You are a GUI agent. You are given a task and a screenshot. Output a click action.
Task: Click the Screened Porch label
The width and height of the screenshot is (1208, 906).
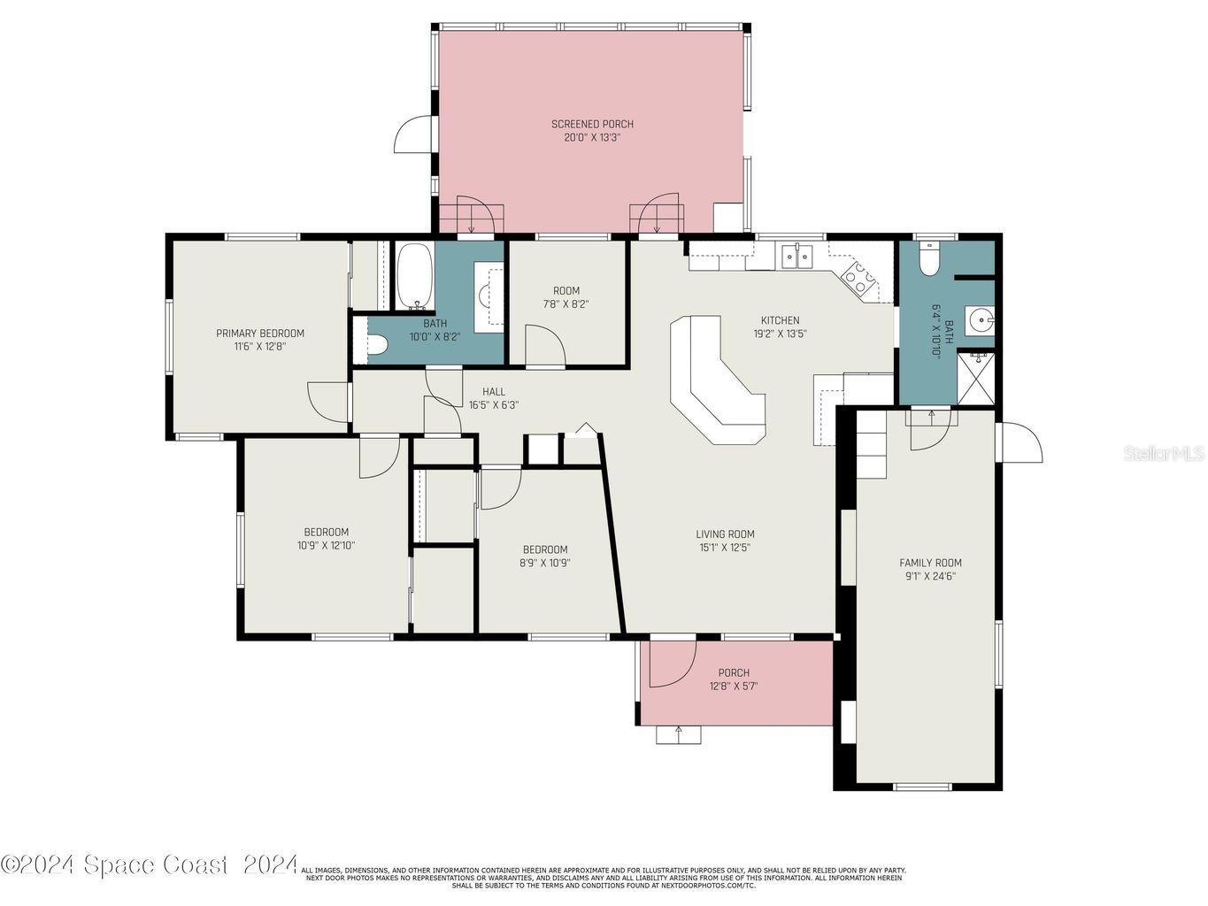[x=592, y=125]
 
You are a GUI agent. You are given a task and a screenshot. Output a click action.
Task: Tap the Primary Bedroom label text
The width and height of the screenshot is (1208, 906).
[x=260, y=334]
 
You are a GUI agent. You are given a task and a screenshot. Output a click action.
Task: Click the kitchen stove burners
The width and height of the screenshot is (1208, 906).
[x=858, y=278]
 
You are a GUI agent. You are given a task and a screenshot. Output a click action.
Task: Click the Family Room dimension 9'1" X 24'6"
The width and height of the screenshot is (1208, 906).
[x=930, y=575]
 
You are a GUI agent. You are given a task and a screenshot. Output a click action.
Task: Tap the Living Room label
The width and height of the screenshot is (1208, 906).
[x=725, y=534]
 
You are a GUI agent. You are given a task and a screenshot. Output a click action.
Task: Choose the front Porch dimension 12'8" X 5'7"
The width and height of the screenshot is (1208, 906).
[x=734, y=686]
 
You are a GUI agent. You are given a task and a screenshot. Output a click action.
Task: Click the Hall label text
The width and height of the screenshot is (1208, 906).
[x=494, y=392]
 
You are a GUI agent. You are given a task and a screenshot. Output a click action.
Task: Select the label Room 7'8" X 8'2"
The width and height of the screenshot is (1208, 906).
[x=566, y=297]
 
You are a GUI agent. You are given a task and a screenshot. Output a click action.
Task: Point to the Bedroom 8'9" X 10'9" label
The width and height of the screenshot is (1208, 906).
[x=544, y=556]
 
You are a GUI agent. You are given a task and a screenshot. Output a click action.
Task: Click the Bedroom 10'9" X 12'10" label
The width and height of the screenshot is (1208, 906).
[x=326, y=539]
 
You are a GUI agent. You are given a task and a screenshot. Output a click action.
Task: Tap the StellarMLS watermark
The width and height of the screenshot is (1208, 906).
[x=1164, y=454]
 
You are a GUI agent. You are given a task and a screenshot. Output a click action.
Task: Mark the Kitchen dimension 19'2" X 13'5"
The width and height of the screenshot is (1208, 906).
[x=780, y=334]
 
